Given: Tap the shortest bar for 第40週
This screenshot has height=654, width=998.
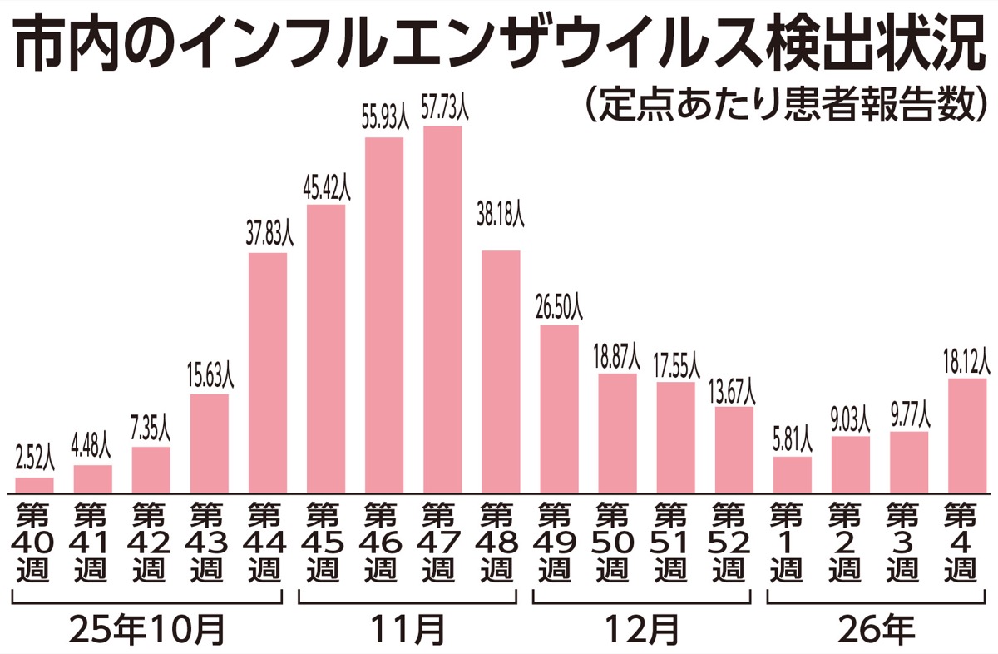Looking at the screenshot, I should click(34, 485).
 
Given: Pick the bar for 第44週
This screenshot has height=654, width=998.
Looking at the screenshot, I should click(268, 373).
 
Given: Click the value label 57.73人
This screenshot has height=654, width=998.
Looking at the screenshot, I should click(442, 111).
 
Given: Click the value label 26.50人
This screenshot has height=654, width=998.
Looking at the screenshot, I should click(560, 310).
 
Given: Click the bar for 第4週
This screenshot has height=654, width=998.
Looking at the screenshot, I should click(967, 435).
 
